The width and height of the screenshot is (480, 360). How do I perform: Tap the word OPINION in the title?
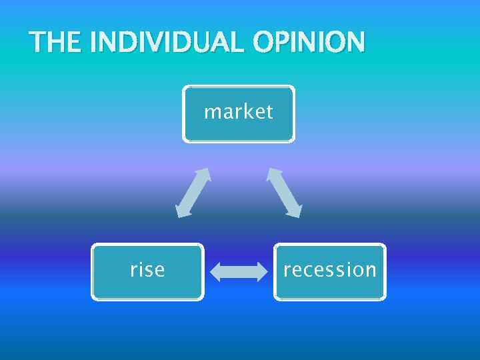(x=309, y=43)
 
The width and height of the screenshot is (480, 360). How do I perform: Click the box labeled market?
(x=239, y=113)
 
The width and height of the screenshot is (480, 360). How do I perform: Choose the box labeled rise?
(x=147, y=271)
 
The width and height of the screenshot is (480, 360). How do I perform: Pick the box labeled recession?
(x=330, y=271)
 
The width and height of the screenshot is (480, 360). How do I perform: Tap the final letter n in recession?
(x=371, y=271)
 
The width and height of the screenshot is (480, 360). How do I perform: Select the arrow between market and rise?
(x=193, y=193)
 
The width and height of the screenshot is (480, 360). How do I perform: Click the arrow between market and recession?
(x=284, y=193)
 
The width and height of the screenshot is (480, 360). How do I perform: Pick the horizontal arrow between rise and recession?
(x=238, y=272)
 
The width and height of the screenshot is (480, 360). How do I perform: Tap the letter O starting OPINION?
(x=263, y=43)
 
